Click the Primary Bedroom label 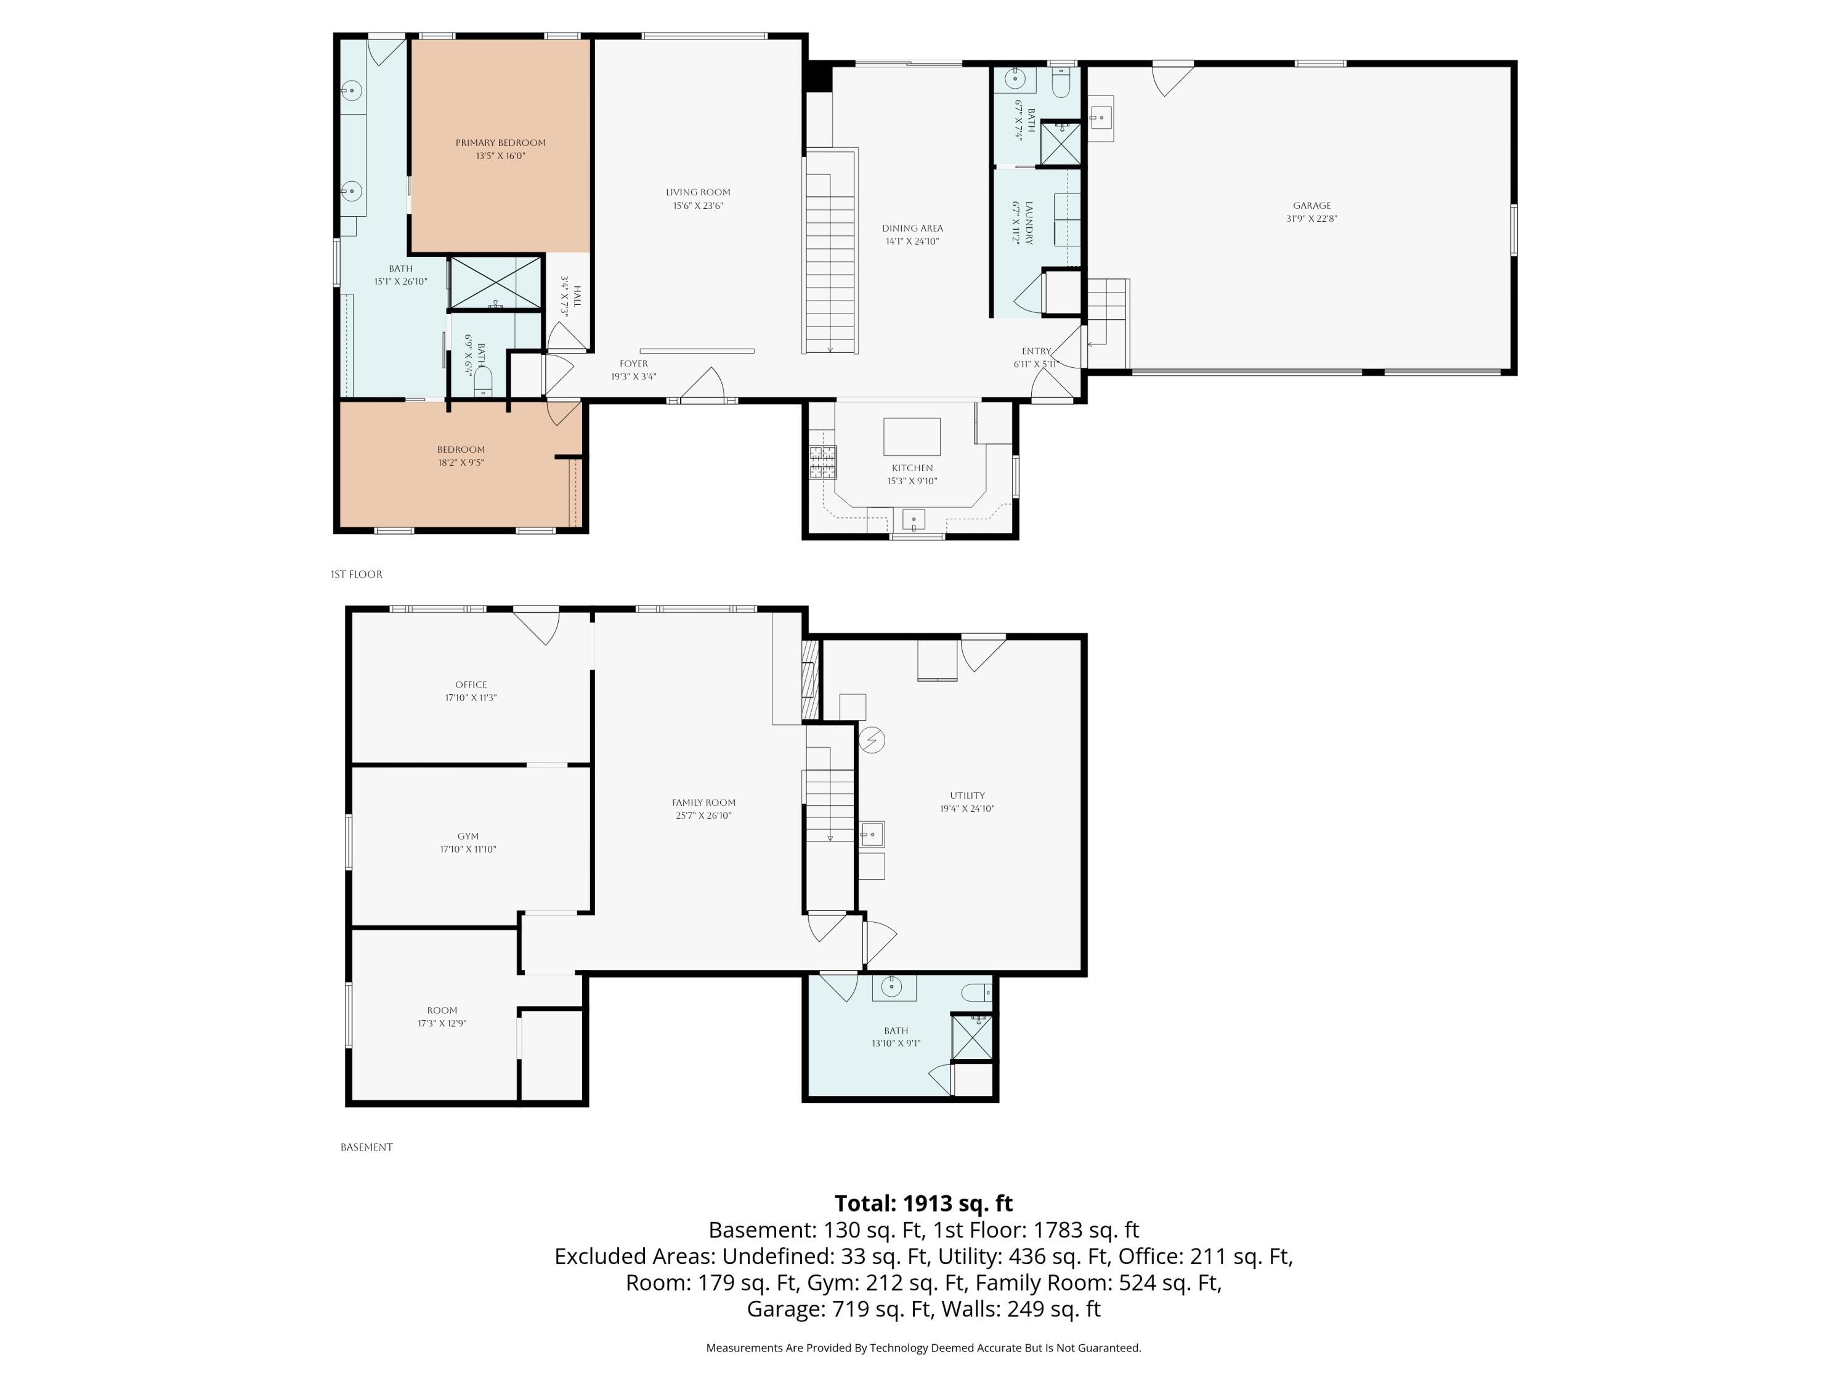click(x=500, y=143)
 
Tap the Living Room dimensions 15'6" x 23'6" click(x=697, y=206)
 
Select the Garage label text click(x=1311, y=206)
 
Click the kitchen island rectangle click(x=912, y=436)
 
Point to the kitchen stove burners click(x=822, y=462)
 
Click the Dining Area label click(x=912, y=228)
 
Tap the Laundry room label click(x=1029, y=223)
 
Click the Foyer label click(x=633, y=363)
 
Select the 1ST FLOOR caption click(x=357, y=574)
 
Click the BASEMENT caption click(x=367, y=1147)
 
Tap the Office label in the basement click(x=471, y=684)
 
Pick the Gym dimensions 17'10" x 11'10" click(x=468, y=849)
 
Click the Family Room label click(x=703, y=802)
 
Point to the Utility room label click(x=968, y=795)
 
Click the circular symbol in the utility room click(x=872, y=739)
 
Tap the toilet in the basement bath click(x=976, y=992)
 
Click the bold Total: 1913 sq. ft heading click(x=924, y=1203)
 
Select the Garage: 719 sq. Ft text click(x=839, y=1308)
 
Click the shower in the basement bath click(x=973, y=1037)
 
